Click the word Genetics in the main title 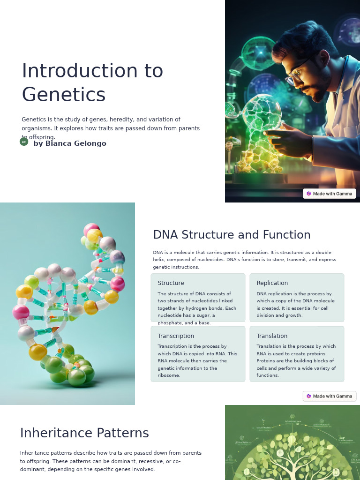[64, 95]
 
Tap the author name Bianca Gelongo [70, 143]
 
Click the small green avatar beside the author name [24, 142]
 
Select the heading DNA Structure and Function [232, 235]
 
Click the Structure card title [171, 283]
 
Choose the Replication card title [272, 283]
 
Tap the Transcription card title [176, 336]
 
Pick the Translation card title [272, 336]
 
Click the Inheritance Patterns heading [84, 433]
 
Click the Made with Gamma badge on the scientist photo [330, 194]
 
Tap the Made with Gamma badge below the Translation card [330, 396]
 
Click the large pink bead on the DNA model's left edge [21, 312]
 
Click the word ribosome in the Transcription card [169, 375]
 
